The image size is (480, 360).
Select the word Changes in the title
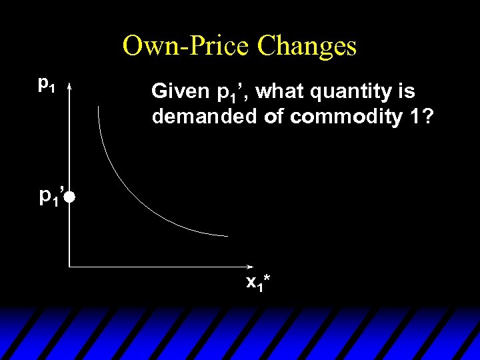point(307,47)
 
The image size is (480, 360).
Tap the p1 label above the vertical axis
point(47,84)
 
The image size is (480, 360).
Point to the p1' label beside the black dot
point(50,196)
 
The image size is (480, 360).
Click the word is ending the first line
point(407,91)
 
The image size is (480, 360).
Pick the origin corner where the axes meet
point(69,267)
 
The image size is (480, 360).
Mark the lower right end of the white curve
point(227,235)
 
